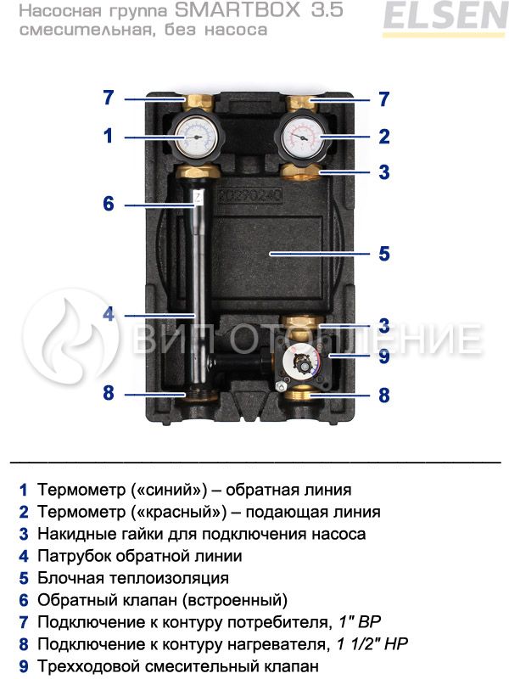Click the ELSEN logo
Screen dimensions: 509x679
tap(445, 18)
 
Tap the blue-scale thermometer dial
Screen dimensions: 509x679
tap(197, 136)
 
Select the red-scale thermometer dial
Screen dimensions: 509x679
tap(301, 136)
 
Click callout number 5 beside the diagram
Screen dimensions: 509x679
tap(384, 253)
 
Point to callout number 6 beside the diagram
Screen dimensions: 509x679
tap(109, 204)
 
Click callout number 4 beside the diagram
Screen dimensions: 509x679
tap(109, 314)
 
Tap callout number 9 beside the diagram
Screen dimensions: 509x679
tap(384, 356)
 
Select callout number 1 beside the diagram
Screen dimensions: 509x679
tap(109, 136)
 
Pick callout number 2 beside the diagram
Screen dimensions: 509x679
tap(384, 137)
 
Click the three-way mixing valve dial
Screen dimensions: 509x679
tap(302, 363)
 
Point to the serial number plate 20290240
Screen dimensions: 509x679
tap(249, 196)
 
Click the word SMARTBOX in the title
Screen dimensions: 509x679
tap(238, 10)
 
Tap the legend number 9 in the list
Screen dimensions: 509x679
tap(24, 665)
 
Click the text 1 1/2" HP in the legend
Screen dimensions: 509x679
tap(372, 644)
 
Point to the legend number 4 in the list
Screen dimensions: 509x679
tap(24, 556)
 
